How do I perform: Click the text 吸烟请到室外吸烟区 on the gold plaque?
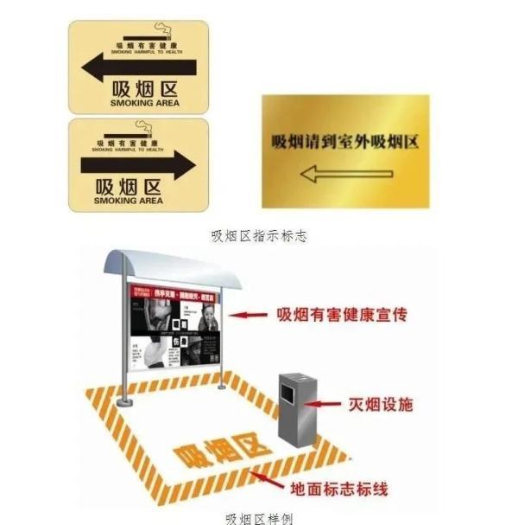coord(344,141)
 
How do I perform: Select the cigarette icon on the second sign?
coord(145,131)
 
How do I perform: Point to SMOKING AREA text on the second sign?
coord(128,201)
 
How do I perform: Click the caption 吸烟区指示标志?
coord(259,235)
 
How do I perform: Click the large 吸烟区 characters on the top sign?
coord(145,88)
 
